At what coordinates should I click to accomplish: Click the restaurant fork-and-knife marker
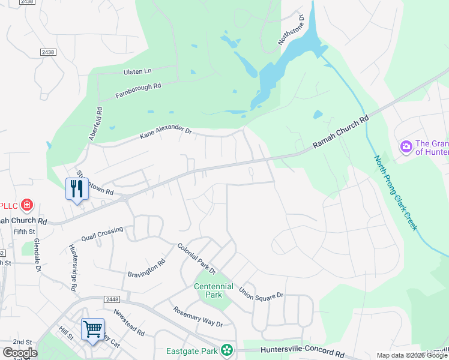point(77,189)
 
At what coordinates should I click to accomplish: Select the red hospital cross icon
point(26,206)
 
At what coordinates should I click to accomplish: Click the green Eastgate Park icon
point(226,349)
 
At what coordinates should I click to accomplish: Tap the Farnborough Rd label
point(139,91)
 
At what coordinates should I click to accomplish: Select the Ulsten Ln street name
point(137,71)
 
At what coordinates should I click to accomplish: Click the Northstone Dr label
point(291,30)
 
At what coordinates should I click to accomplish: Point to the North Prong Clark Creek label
point(396,193)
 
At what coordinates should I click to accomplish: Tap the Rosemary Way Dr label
point(198,316)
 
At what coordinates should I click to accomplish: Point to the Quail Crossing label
point(102,233)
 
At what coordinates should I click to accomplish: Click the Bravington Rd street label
point(146,268)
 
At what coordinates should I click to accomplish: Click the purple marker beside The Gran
point(406,146)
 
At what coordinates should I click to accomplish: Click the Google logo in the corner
point(20,353)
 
